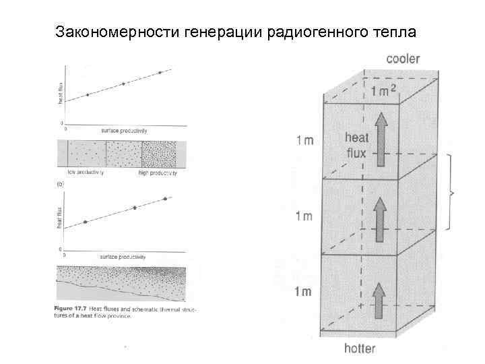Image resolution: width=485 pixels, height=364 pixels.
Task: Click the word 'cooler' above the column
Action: point(403,59)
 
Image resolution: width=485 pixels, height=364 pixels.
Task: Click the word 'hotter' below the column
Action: point(360,348)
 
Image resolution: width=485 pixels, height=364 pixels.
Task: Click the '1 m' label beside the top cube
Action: point(302,141)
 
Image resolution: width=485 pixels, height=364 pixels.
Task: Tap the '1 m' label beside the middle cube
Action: point(302,216)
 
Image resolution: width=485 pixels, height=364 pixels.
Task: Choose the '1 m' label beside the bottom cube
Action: point(302,291)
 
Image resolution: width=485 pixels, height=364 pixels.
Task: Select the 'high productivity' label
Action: point(157,173)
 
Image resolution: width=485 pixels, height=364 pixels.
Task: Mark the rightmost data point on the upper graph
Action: point(160,72)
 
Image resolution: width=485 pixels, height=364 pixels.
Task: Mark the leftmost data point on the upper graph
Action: point(87,95)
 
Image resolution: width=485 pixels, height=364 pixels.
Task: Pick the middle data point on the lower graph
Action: point(135,208)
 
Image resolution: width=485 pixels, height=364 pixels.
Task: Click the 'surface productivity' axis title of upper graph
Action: point(124,129)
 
